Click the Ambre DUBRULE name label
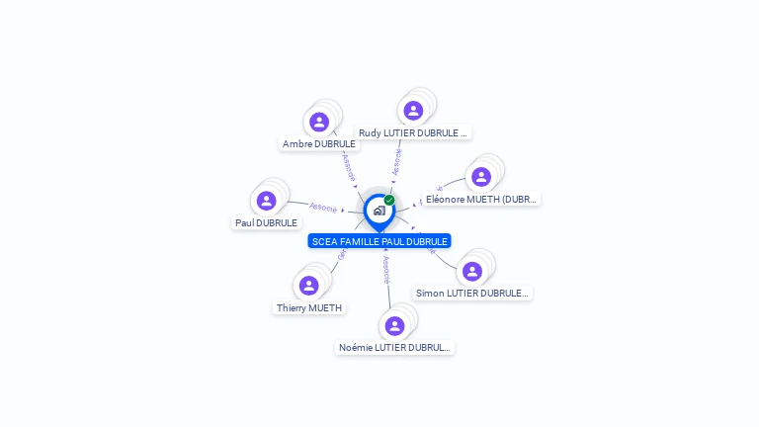coord(318,143)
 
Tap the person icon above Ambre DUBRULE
coord(318,122)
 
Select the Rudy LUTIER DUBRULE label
coord(413,132)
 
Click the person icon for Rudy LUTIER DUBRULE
coord(413,110)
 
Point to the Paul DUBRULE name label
coord(266,222)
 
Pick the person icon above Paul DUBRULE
coord(266,201)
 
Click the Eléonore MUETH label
coord(480,199)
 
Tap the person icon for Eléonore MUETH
coord(481,177)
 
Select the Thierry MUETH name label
coord(309,307)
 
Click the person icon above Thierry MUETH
coord(309,286)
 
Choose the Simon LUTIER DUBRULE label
coord(472,293)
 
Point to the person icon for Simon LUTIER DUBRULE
coord(472,271)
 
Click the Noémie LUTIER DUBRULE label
coord(394,347)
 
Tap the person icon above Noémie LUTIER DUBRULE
coord(394,325)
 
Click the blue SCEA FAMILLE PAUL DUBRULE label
coord(379,241)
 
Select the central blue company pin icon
coord(379,211)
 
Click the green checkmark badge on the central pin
coord(389,201)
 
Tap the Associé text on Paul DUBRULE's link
coord(323,208)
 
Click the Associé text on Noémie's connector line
coord(386,270)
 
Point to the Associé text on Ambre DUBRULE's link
coord(348,167)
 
